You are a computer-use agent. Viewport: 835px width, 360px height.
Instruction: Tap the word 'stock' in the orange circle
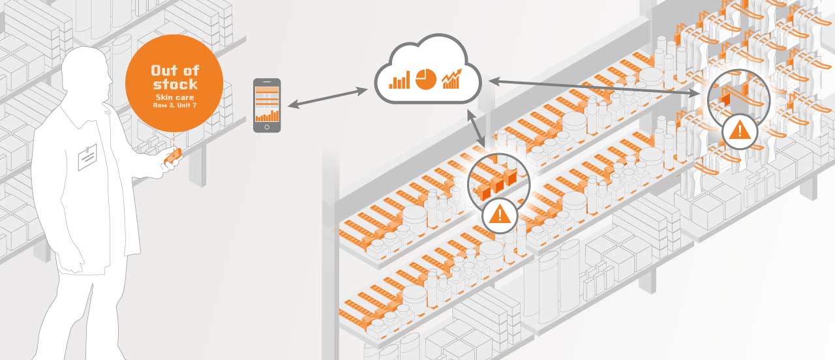click(x=175, y=84)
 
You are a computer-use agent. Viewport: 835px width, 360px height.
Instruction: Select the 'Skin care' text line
click(x=174, y=97)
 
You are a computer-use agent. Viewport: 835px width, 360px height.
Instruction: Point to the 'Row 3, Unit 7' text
click(x=174, y=105)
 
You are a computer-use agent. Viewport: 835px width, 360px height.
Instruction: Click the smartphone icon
click(x=267, y=105)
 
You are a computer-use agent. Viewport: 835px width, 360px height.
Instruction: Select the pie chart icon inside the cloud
click(x=426, y=78)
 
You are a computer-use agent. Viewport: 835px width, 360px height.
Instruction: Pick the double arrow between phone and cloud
click(x=328, y=98)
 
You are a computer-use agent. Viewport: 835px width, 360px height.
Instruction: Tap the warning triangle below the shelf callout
click(x=500, y=214)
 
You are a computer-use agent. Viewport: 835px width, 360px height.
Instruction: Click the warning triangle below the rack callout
click(x=739, y=130)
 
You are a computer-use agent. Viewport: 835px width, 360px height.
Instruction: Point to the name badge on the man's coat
click(x=87, y=157)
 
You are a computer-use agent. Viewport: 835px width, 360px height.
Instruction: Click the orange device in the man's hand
click(x=173, y=156)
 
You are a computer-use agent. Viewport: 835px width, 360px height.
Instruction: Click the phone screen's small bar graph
click(x=267, y=115)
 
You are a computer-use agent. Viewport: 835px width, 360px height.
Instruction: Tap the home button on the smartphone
click(x=267, y=127)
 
